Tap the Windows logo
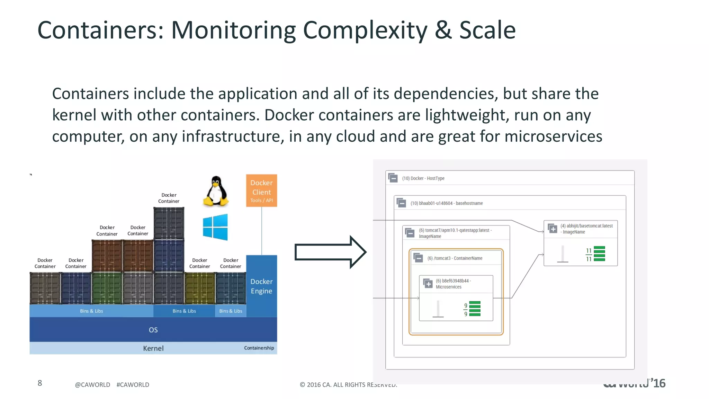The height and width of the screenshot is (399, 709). pyautogui.click(x=215, y=227)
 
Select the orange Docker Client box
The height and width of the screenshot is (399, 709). pyautogui.click(x=261, y=190)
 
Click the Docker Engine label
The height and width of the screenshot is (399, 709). pyautogui.click(x=261, y=286)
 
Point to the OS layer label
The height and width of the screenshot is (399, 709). pyautogui.click(x=153, y=330)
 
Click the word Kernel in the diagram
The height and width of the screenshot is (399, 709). pyautogui.click(x=153, y=348)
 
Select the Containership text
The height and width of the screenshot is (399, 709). pyautogui.click(x=259, y=348)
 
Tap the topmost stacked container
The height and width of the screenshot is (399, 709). pyautogui.click(x=169, y=223)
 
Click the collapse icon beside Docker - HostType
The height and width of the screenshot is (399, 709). pyautogui.click(x=393, y=178)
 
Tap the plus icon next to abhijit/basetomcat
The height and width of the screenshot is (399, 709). pyautogui.click(x=553, y=229)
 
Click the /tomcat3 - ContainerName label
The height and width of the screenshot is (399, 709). pyautogui.click(x=455, y=258)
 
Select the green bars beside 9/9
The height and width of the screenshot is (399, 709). pyautogui.click(x=475, y=309)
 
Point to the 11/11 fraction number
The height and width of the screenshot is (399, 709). pyautogui.click(x=589, y=255)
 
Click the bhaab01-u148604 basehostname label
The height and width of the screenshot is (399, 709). pyautogui.click(x=446, y=203)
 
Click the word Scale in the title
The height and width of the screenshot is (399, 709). pyautogui.click(x=487, y=30)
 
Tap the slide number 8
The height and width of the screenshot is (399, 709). pyautogui.click(x=40, y=383)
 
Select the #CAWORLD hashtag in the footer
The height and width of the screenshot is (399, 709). pyautogui.click(x=133, y=385)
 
